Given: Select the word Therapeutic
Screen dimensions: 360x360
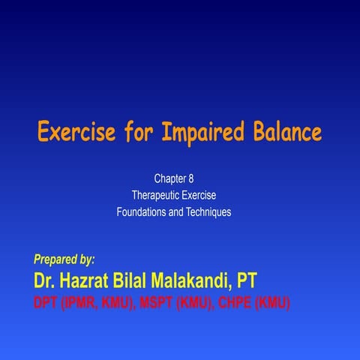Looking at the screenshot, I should [x=155, y=195].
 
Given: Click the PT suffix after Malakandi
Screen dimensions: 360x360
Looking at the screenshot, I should [x=245, y=281].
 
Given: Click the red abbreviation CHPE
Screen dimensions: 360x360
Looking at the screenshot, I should [x=238, y=304].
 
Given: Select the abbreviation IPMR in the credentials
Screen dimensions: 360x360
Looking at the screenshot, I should [x=85, y=304].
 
